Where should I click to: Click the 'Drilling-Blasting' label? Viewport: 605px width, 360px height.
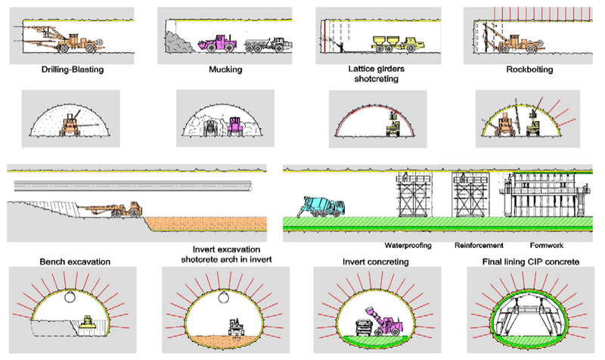74,70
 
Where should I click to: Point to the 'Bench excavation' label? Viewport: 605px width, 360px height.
75,262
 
